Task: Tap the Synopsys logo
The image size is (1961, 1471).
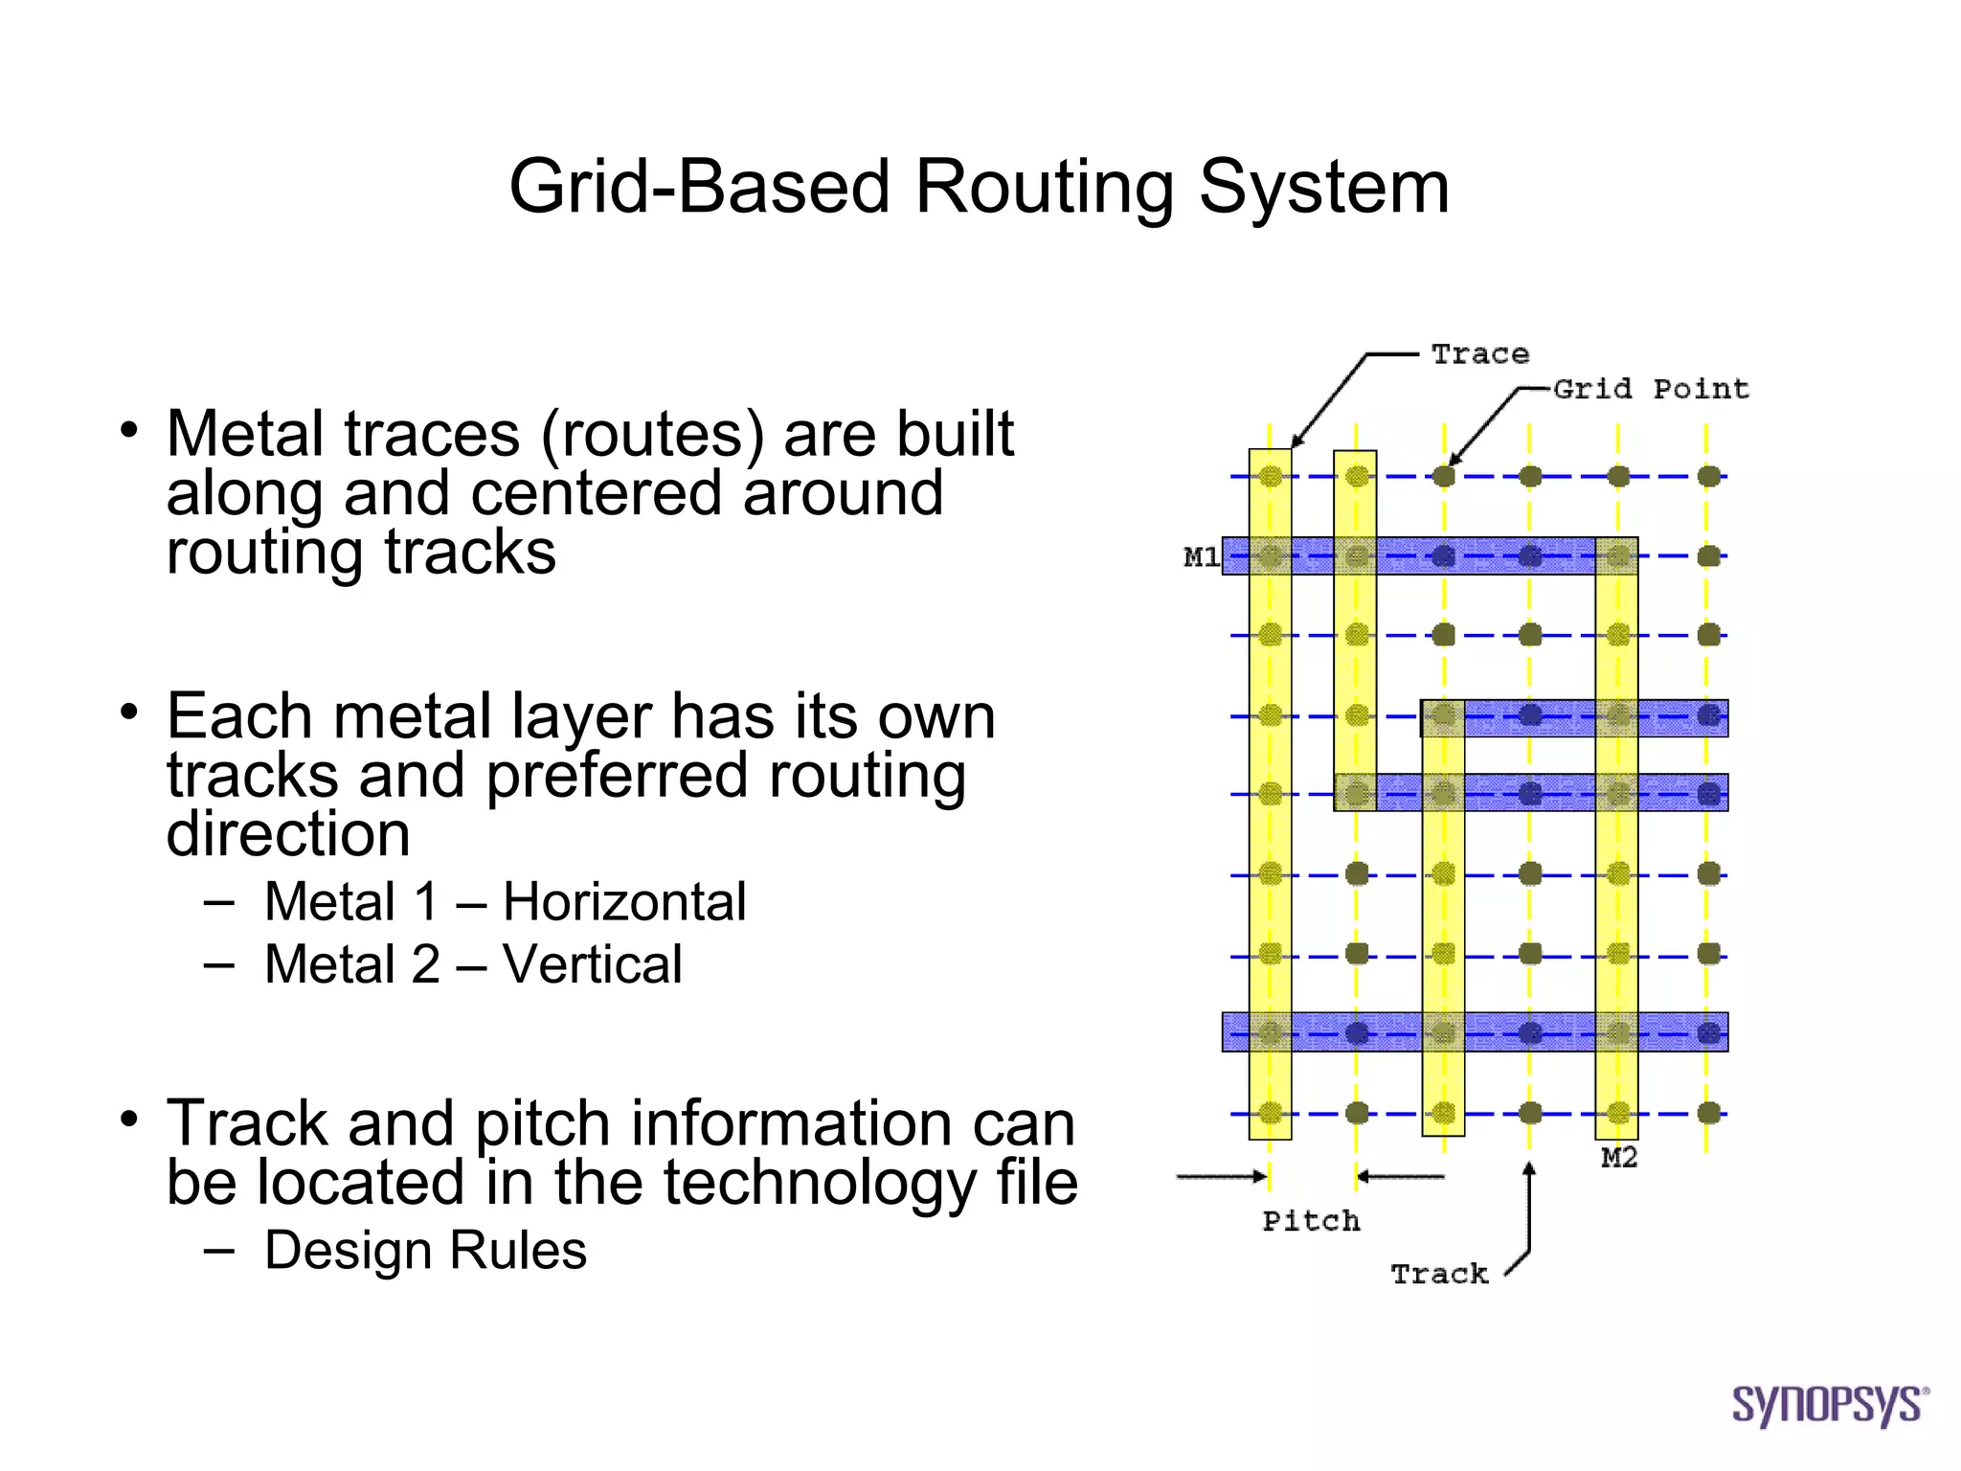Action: pyautogui.click(x=1829, y=1405)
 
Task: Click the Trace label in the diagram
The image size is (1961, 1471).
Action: pyautogui.click(x=1479, y=354)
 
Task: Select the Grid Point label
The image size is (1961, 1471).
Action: pyautogui.click(x=1651, y=389)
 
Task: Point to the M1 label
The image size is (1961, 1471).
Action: pyautogui.click(x=1201, y=556)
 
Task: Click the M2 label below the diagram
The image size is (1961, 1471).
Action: pyautogui.click(x=1619, y=1158)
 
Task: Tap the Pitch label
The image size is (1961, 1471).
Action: pyautogui.click(x=1311, y=1221)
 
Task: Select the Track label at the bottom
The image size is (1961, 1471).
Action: pyautogui.click(x=1439, y=1274)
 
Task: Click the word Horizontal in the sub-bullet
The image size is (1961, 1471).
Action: pyautogui.click(x=624, y=902)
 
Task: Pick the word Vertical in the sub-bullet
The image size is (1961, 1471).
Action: pyautogui.click(x=592, y=964)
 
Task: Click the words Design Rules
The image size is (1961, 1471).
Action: pyautogui.click(x=425, y=1251)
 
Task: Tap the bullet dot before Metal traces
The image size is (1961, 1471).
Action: pyautogui.click(x=129, y=430)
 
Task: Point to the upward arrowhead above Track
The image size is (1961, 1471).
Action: pyautogui.click(x=1529, y=1169)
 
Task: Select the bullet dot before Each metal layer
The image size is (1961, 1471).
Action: pyautogui.click(x=129, y=713)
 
